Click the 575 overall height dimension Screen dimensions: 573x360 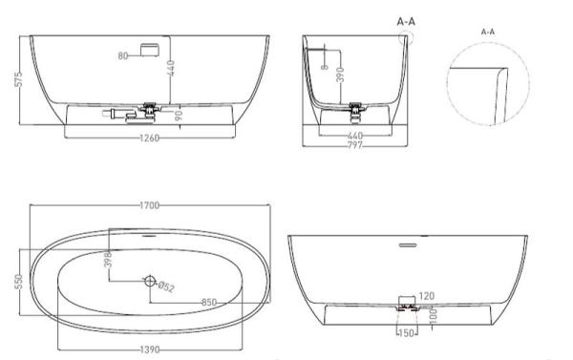(x=19, y=79)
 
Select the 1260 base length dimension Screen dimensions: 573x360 (x=150, y=138)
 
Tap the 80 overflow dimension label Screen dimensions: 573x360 (x=123, y=56)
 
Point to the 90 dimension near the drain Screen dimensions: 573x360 (x=179, y=116)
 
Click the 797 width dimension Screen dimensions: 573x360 (x=355, y=145)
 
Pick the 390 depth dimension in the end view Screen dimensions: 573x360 (x=340, y=74)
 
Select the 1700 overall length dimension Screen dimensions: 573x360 (x=150, y=205)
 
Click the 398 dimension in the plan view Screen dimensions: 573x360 (x=108, y=260)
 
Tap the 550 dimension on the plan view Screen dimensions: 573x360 (x=19, y=282)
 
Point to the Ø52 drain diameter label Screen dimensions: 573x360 (x=166, y=286)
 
